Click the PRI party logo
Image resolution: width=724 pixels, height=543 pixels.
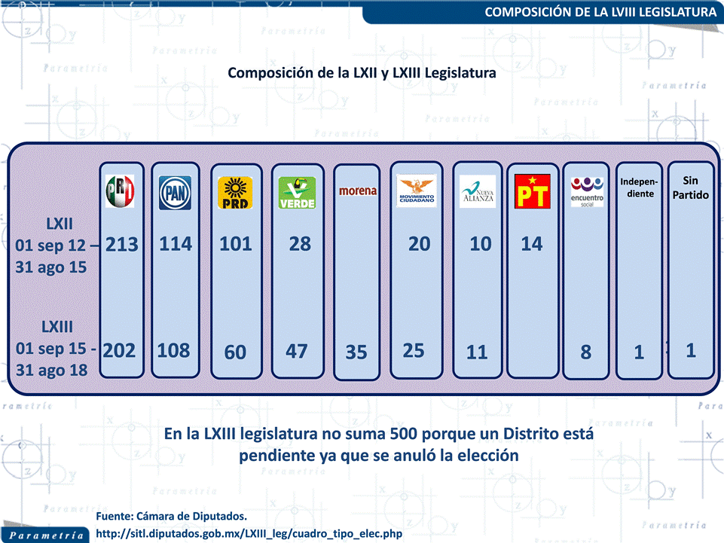coord(121,191)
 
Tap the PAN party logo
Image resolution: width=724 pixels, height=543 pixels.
coord(175,192)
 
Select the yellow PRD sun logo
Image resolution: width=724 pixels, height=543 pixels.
coord(234,192)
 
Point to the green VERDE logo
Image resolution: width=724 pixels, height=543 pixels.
coord(296,192)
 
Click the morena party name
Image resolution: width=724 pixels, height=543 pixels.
coord(357,191)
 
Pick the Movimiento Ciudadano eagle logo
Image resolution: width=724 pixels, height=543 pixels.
coord(417,191)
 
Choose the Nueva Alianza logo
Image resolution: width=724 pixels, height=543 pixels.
coord(478,191)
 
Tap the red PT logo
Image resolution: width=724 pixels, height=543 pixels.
coord(532,191)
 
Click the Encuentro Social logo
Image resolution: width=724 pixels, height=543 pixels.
coord(587,192)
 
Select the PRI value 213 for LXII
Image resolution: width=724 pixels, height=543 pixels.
coord(122,244)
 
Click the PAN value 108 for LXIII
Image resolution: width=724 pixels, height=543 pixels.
coord(174,350)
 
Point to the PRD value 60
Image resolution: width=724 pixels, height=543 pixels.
coord(235,352)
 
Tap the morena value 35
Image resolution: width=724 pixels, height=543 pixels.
coord(356,352)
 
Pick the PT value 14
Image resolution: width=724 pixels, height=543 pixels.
coord(532,244)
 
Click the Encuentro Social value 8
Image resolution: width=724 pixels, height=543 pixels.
coord(586,352)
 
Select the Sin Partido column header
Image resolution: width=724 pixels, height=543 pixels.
coord(690,188)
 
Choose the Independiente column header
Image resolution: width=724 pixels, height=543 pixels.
coord(639,188)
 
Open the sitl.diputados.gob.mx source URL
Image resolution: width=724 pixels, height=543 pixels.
coord(249,533)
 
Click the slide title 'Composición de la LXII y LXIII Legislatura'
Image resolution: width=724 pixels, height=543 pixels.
coord(362,73)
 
